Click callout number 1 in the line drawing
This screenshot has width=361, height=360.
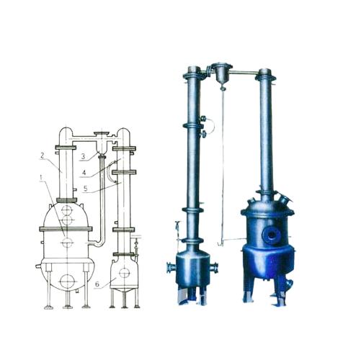coord(41,178)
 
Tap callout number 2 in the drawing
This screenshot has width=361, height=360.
coord(43,156)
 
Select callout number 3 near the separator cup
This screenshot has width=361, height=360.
coord(83,156)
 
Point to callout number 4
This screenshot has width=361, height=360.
coord(84,173)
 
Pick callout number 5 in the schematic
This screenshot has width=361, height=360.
coord(85,188)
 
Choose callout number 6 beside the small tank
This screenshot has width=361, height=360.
coord(97,284)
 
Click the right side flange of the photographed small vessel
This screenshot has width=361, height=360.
coord(214,268)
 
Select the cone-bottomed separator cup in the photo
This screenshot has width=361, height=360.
coord(221,73)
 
